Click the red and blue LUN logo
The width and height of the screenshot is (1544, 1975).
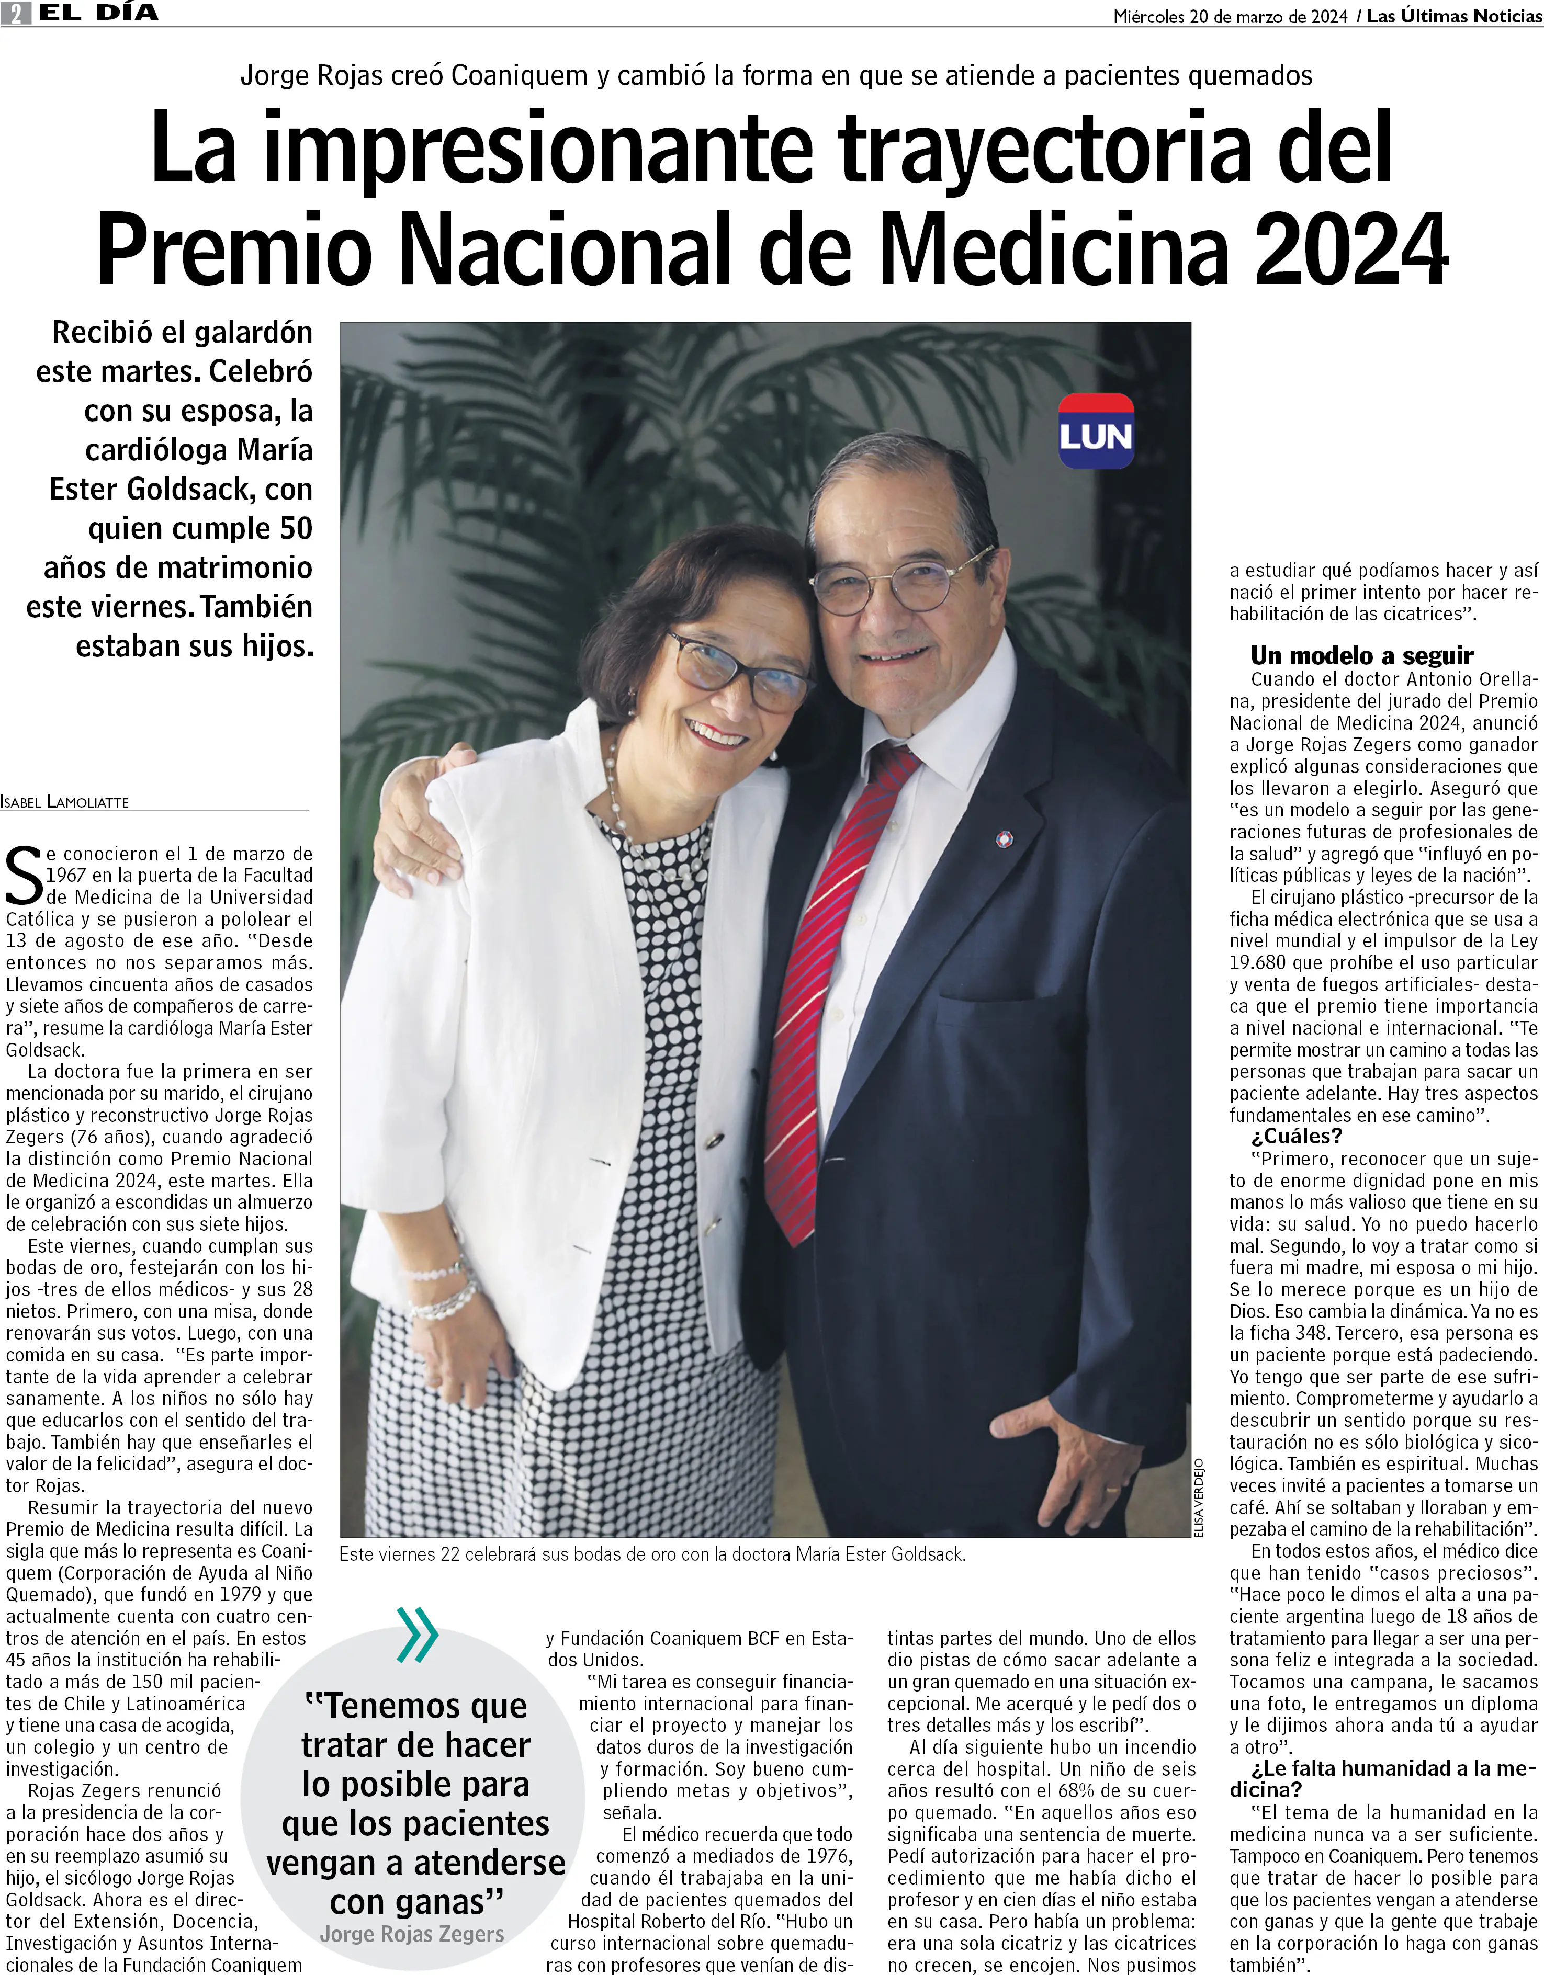point(1096,432)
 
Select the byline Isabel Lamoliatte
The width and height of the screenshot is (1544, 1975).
point(65,802)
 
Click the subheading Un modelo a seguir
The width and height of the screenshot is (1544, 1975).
point(1361,655)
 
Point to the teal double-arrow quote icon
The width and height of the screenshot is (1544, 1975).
point(417,1635)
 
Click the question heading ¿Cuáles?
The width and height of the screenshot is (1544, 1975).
point(1296,1136)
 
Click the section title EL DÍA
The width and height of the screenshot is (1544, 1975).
point(98,13)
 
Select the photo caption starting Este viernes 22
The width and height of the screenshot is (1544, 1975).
point(651,1554)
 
